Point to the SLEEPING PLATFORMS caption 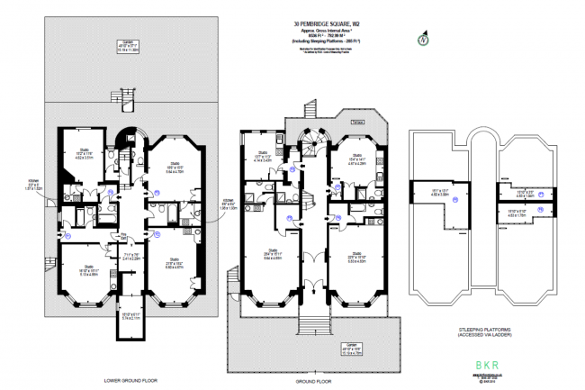coord(483,331)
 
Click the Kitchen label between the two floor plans coord(228,204)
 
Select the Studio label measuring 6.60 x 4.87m coord(174,265)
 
